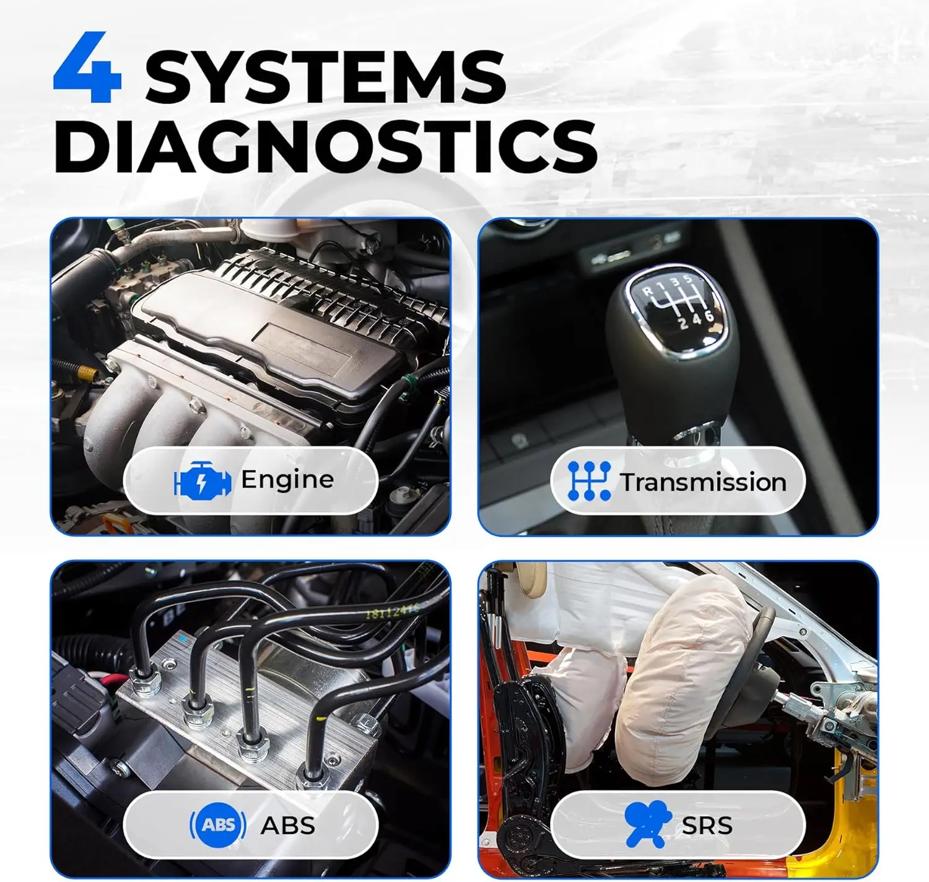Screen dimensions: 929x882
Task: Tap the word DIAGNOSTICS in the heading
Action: click(326, 146)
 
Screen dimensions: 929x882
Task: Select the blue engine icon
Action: click(203, 479)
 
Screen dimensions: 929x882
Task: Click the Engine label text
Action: click(287, 480)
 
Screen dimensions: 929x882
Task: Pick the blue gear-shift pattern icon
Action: click(589, 481)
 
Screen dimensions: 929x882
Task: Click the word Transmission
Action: click(704, 482)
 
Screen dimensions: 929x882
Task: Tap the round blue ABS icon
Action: click(217, 825)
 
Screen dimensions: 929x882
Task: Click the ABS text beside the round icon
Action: click(288, 826)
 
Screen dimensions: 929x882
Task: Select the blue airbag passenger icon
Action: click(647, 823)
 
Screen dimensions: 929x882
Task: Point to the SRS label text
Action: click(707, 826)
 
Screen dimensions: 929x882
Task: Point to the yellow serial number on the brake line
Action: click(393, 611)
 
